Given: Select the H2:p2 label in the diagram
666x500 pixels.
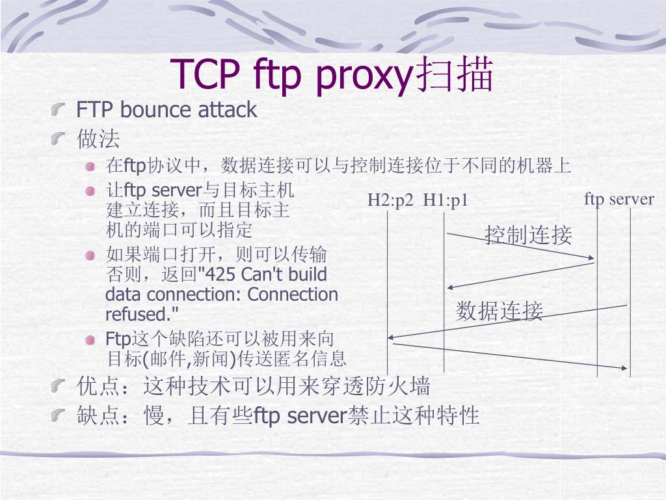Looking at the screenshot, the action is click(390, 200).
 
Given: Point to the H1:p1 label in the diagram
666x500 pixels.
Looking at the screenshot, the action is click(446, 200).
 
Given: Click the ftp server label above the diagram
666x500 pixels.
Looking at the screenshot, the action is click(619, 199).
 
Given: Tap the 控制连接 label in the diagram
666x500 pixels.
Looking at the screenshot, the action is click(528, 235).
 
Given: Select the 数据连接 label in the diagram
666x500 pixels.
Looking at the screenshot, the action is click(499, 311).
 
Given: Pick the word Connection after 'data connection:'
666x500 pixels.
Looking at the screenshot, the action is click(293, 294).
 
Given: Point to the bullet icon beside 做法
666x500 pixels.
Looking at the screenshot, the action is click(60, 138).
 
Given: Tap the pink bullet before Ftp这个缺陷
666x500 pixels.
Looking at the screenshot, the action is click(91, 340).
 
